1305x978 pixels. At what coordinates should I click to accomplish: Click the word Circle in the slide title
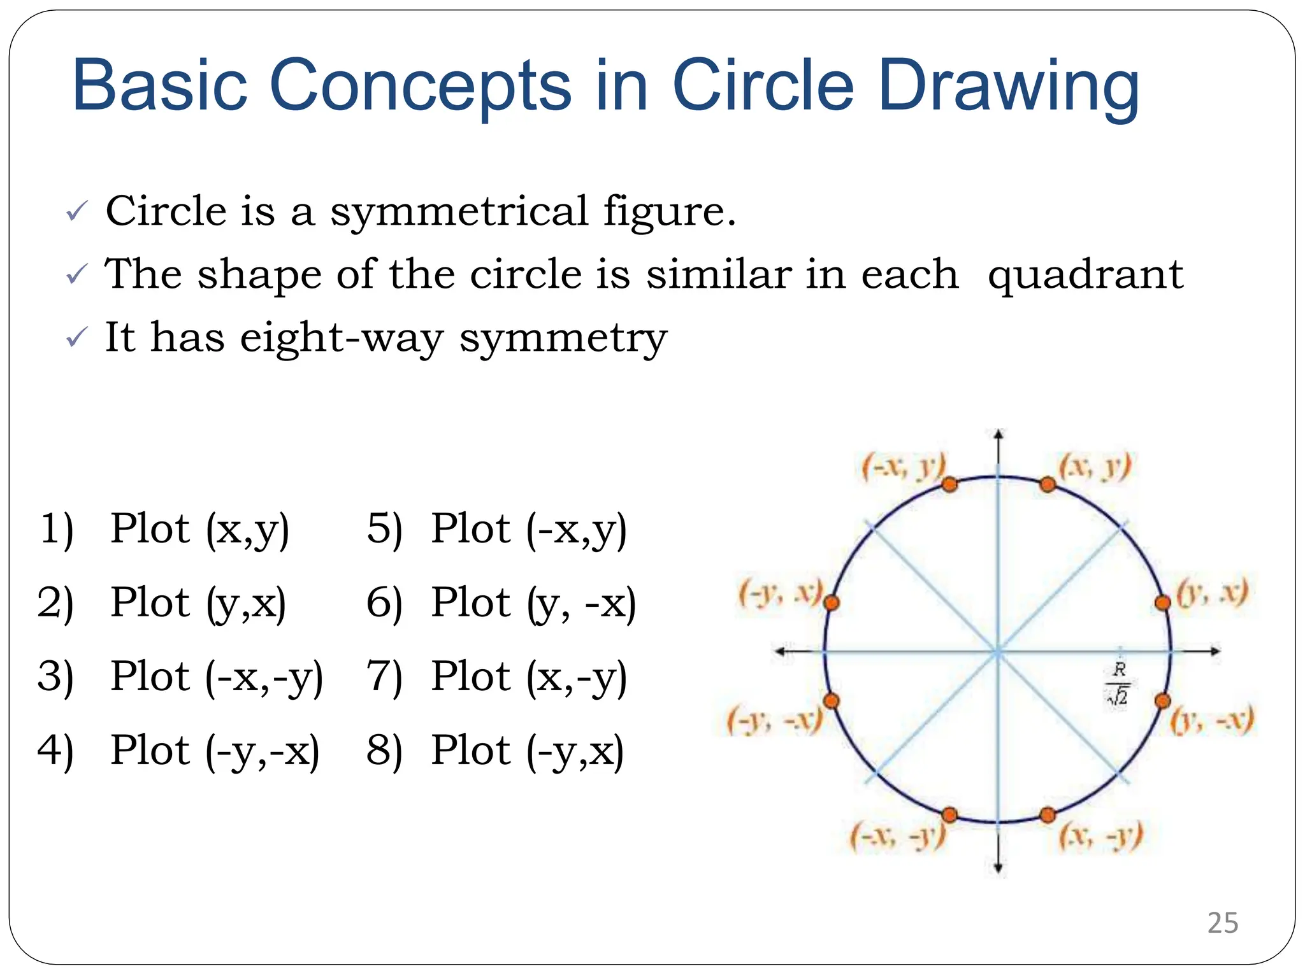763,85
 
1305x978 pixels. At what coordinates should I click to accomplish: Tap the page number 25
1222,923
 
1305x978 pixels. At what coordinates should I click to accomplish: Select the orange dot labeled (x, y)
1047,485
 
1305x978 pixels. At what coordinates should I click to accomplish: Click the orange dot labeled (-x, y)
949,485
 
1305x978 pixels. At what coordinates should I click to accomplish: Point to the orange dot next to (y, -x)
1162,701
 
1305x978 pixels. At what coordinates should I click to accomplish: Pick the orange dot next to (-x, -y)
949,815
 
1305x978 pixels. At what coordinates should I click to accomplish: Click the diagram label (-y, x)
781,593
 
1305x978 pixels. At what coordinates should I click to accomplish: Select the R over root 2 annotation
1118,683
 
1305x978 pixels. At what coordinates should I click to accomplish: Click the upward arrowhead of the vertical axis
999,435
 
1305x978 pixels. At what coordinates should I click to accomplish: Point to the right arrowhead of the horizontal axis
1215,651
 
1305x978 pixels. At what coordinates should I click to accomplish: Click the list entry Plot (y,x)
198,602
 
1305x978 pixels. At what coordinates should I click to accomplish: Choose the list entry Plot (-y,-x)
215,750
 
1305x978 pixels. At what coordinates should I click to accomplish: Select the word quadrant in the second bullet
1085,275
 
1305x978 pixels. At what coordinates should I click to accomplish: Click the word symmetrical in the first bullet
459,211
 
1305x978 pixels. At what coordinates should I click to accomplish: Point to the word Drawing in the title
1008,85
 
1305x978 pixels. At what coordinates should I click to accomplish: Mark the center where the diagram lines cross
998,651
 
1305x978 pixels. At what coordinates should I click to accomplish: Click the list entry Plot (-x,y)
528,528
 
